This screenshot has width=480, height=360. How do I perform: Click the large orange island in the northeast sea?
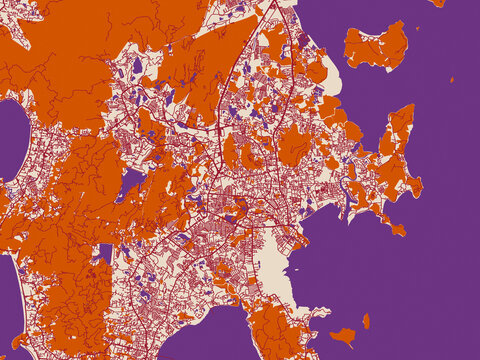[x=378, y=47]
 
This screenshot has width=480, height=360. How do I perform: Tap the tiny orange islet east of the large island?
[x=452, y=79]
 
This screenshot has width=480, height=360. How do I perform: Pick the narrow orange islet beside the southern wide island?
[x=366, y=321]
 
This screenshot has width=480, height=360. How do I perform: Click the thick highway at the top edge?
[x=268, y=8]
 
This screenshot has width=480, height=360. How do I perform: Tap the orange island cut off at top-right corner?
[x=438, y=3]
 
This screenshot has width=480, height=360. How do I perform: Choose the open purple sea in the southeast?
[x=420, y=300]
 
